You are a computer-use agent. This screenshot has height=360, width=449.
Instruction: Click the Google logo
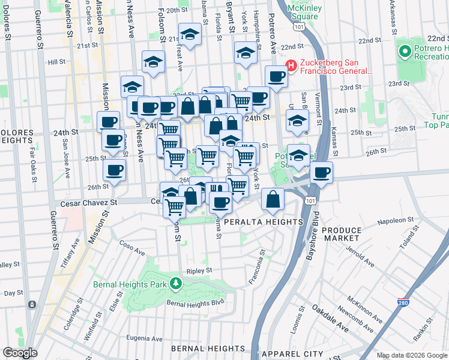[20, 353]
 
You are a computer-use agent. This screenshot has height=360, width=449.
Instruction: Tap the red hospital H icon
[291, 64]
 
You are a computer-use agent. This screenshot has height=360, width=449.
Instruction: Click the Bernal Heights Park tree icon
[176, 282]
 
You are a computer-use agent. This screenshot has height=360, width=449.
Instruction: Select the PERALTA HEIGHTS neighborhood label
[263, 222]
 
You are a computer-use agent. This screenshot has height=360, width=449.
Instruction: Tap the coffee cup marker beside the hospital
[276, 77]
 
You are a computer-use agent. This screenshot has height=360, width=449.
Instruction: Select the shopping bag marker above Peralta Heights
[273, 199]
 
